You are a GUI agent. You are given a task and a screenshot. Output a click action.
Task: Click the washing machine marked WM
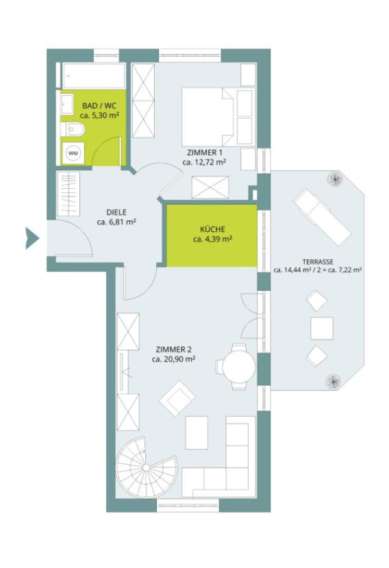(73, 153)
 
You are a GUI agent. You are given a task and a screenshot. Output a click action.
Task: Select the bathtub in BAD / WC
(95, 76)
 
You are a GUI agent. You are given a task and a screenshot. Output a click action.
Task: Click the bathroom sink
(66, 103)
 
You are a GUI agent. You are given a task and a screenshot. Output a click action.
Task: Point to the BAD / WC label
(99, 106)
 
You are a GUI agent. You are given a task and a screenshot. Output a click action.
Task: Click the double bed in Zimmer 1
(208, 116)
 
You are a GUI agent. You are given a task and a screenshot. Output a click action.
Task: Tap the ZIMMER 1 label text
(205, 153)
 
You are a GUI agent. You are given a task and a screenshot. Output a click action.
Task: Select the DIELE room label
(116, 213)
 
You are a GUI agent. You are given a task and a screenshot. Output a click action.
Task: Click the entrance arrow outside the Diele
(32, 238)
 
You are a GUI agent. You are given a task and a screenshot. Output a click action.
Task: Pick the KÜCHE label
(212, 229)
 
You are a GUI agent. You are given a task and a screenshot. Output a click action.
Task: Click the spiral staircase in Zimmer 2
(146, 467)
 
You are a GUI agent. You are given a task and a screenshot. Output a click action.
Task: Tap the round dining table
(239, 367)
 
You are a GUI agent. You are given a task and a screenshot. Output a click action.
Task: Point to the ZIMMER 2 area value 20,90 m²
(174, 359)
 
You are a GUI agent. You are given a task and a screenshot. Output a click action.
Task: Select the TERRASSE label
(318, 262)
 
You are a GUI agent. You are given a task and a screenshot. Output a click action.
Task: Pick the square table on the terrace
(322, 328)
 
